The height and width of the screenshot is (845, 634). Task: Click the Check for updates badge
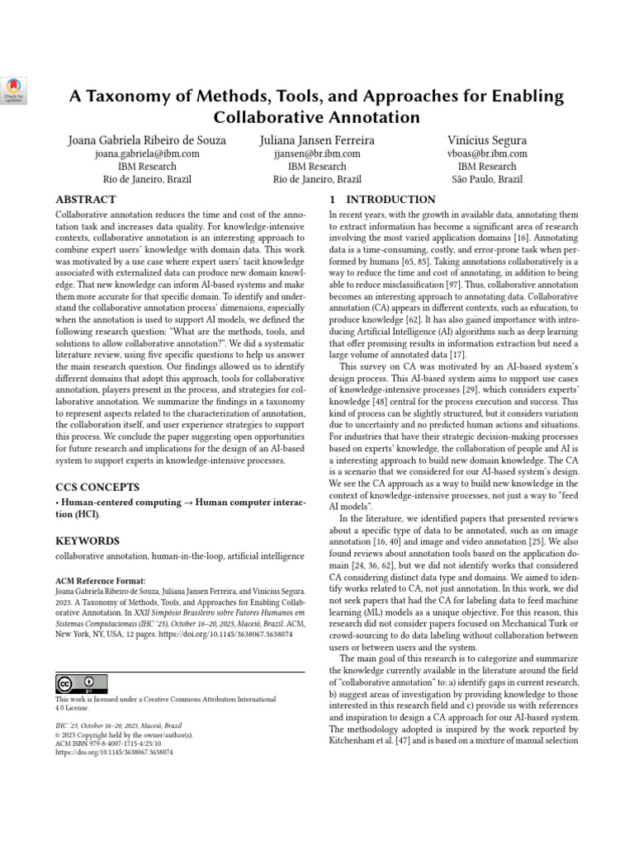point(16,90)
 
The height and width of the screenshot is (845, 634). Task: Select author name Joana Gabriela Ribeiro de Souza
point(147,140)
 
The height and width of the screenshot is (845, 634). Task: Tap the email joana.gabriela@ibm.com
point(147,153)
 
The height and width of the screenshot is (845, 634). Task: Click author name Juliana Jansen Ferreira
point(317,140)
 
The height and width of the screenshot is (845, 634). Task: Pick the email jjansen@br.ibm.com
point(317,153)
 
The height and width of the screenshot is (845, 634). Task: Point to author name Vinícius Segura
point(487,140)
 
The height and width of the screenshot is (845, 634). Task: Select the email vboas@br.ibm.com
point(487,153)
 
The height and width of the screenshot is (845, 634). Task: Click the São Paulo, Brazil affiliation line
point(487,179)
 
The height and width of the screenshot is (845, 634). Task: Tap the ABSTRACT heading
point(85,200)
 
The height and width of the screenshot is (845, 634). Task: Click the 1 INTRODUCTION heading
point(382,200)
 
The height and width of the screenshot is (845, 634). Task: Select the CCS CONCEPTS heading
point(97,488)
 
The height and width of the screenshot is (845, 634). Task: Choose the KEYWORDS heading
point(88,541)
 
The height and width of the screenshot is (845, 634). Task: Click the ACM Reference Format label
point(100,581)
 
